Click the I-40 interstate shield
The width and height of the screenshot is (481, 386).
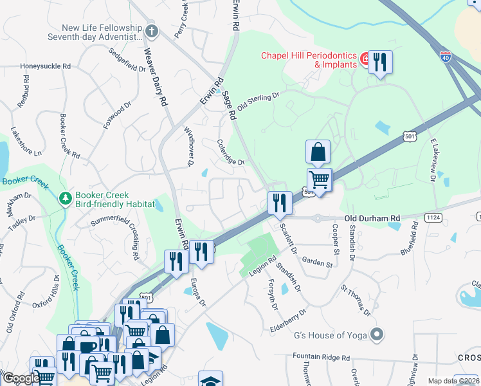(x=446, y=57)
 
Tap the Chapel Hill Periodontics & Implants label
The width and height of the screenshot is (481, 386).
(x=309, y=60)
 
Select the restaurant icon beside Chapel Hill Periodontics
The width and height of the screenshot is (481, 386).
(x=380, y=62)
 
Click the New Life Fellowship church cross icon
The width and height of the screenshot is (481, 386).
(x=151, y=31)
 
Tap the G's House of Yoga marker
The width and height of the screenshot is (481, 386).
(x=377, y=335)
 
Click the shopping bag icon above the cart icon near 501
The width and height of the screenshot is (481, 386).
(x=318, y=152)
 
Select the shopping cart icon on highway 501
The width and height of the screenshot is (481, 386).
(x=319, y=179)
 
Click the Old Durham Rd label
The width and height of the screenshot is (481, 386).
(x=372, y=219)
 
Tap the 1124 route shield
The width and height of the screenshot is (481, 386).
(x=432, y=218)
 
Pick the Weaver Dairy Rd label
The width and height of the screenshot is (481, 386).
(x=156, y=78)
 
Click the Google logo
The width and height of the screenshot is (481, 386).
(x=21, y=379)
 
